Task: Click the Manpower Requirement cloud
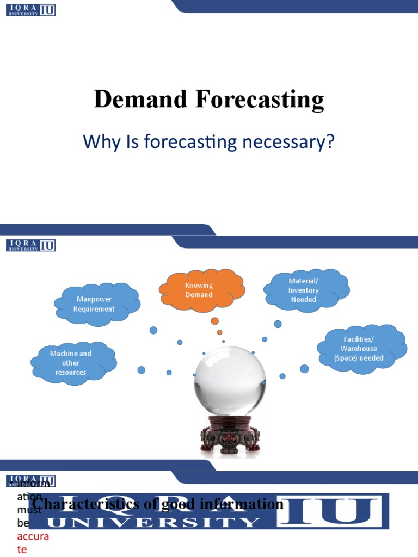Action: pyautogui.click(x=95, y=304)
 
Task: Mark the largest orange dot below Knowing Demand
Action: pyautogui.click(x=215, y=321)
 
